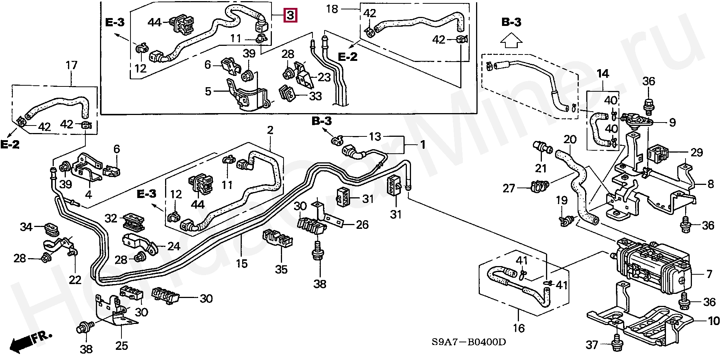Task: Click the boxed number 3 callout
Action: point(290,15)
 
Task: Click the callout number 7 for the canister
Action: point(709,274)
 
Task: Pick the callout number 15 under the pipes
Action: point(241,263)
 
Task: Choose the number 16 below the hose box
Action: point(519,328)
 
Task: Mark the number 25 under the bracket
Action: point(121,346)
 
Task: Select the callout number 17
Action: point(71,65)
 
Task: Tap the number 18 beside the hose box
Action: point(332,9)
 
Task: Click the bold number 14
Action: point(603,74)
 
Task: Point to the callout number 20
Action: point(570,140)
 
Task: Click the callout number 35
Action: point(281,269)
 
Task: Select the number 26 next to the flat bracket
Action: point(362,225)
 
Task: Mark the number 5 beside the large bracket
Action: point(208,91)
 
